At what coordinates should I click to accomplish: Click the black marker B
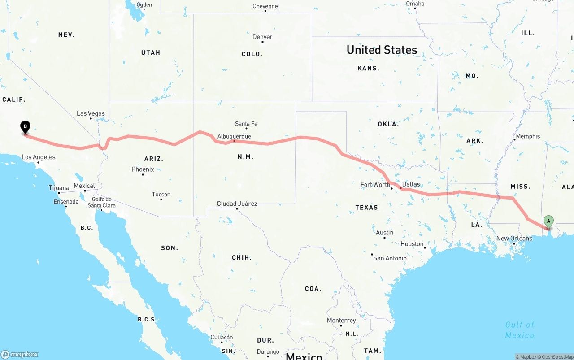(x=26, y=127)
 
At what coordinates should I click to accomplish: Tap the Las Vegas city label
(x=91, y=113)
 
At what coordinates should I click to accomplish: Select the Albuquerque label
(x=234, y=136)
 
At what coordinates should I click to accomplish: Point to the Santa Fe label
(x=246, y=124)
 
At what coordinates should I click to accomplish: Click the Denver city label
(x=262, y=37)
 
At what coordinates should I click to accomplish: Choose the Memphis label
(x=528, y=136)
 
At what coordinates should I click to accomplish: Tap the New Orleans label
(x=514, y=239)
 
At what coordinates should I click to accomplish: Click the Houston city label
(x=412, y=244)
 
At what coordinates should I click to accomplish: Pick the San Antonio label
(x=390, y=258)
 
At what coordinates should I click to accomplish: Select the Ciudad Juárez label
(x=237, y=204)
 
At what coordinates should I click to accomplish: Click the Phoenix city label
(x=143, y=169)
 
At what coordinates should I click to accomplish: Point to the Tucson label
(x=161, y=195)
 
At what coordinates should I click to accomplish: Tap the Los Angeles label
(x=39, y=157)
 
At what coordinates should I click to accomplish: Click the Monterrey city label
(x=341, y=321)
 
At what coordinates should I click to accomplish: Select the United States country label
(x=382, y=50)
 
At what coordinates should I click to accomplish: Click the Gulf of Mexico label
(x=520, y=330)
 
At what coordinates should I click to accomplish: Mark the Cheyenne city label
(x=265, y=6)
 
